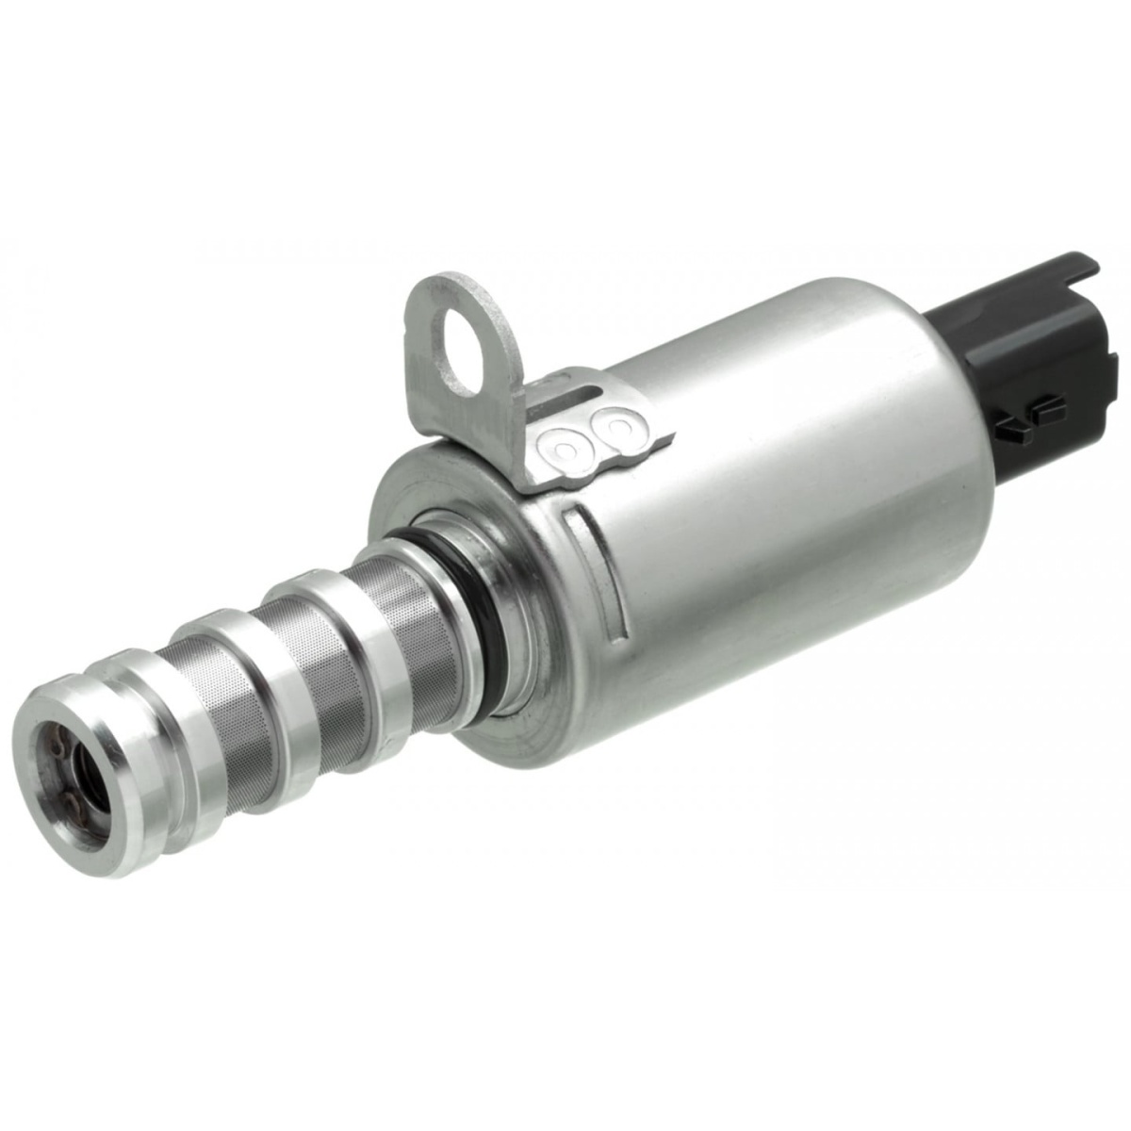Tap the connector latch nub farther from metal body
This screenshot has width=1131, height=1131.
[x=1046, y=408]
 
